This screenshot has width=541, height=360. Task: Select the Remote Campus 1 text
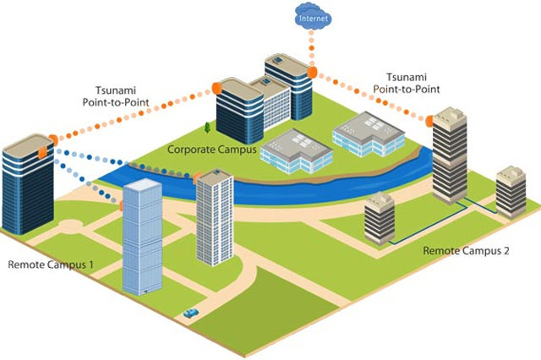click(50, 265)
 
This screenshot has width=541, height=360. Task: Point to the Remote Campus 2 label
click(467, 250)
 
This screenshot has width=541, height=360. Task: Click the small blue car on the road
click(191, 313)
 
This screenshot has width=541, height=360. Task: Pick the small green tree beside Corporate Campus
click(207, 128)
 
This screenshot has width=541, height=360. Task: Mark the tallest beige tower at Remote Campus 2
click(449, 156)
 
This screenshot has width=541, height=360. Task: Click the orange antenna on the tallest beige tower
click(429, 121)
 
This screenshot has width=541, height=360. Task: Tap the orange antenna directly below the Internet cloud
click(311, 74)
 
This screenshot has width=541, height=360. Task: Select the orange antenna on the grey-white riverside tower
click(197, 177)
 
